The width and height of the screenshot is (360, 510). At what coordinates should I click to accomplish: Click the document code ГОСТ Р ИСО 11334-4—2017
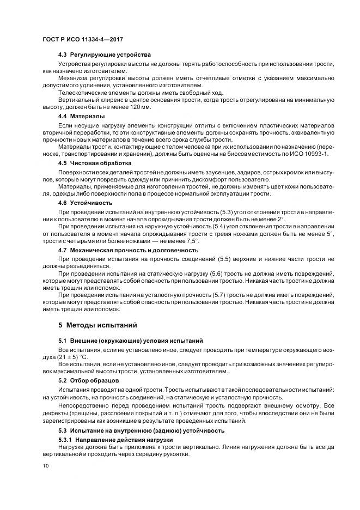pyautogui.click(x=80, y=39)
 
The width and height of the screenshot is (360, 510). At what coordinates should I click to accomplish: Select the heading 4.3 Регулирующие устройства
pyautogui.click(x=105, y=55)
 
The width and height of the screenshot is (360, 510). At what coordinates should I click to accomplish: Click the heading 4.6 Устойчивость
pyautogui.click(x=84, y=202)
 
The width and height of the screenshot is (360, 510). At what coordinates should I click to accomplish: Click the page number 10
pyautogui.click(x=45, y=466)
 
